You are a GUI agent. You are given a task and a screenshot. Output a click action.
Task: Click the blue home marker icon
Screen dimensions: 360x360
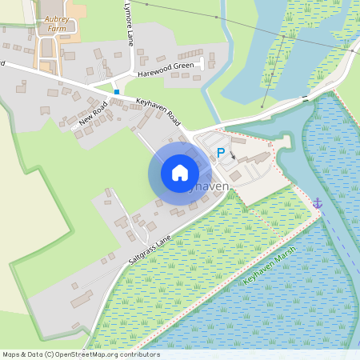pos(179,172)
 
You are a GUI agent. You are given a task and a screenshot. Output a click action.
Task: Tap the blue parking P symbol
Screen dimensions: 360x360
pos(221,152)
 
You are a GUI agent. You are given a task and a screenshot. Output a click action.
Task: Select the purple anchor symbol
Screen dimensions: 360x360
pos(317,203)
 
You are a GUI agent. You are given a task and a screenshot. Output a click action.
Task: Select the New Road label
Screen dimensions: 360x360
pos(94,117)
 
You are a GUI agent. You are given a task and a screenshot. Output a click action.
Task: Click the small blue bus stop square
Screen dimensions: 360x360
pos(117,92)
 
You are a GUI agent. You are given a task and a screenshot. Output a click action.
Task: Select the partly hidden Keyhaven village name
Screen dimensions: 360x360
pos(210,186)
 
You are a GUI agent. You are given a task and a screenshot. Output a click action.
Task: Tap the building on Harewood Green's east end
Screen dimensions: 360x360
pos(212,61)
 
